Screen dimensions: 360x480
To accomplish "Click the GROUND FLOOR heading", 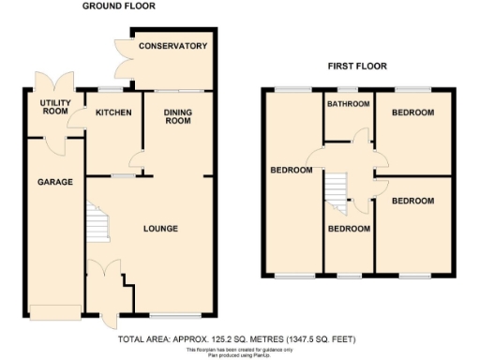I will pos(118,7).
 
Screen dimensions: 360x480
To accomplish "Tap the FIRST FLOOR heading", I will pos(357,67).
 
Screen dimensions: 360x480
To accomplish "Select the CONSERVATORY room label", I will pos(172,46).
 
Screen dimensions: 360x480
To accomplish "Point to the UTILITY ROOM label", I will pos(55,106).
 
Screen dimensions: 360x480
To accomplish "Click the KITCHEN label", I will pos(113,113).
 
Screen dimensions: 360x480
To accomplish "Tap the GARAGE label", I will pos(55,181).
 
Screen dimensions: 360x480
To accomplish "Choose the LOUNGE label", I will pos(160,228).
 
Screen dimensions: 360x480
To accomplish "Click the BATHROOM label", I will pos(349,104).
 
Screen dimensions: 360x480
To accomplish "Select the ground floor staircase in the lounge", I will pos(97,222).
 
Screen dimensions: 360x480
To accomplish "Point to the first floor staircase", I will pos(336,191).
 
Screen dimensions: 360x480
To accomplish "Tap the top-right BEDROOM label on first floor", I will pos(412,113).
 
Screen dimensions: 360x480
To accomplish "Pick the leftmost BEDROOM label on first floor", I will pos(292,171).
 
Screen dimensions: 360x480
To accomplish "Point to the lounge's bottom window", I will pos(174,313).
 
